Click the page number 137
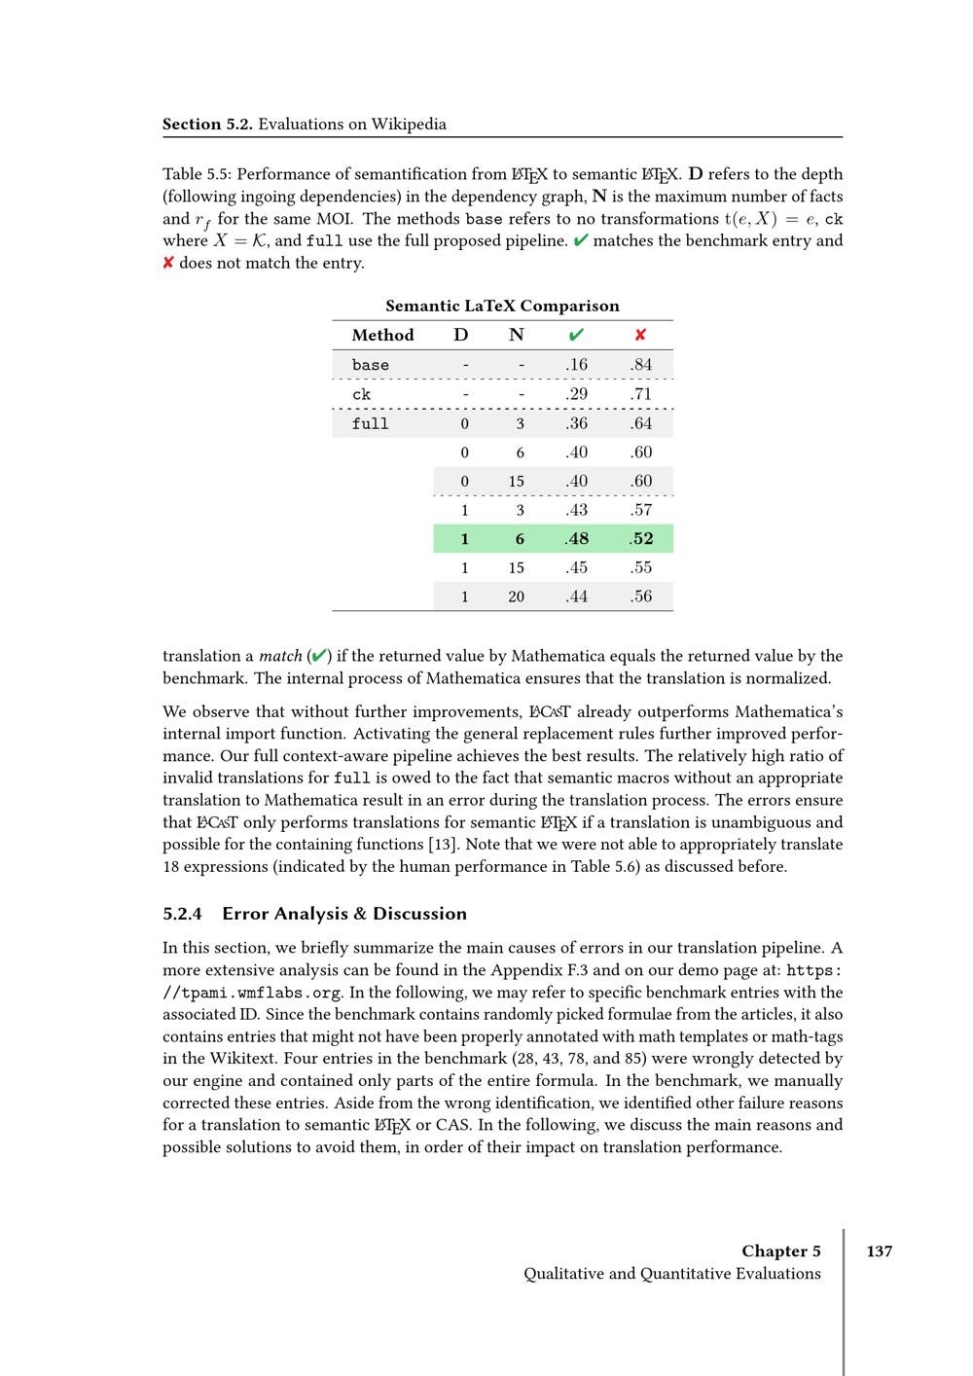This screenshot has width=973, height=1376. tap(879, 1251)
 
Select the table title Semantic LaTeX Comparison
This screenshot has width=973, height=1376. tap(502, 306)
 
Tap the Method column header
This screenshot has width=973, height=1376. tap(382, 335)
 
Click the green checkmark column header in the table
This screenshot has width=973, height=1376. tap(576, 335)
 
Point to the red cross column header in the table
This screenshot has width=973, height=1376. tap(640, 335)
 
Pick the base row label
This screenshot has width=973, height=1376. tap(371, 365)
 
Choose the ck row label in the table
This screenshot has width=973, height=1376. tap(362, 394)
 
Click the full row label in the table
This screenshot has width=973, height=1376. tap(371, 423)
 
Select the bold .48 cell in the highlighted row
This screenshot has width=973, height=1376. tap(576, 539)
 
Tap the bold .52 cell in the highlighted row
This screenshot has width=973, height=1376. tap(640, 539)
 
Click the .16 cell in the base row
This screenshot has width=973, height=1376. tap(576, 365)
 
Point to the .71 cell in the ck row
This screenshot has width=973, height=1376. tap(640, 394)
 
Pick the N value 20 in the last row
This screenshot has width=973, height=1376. tap(517, 597)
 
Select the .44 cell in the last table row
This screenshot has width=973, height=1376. tap(576, 597)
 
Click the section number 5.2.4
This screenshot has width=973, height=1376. tap(182, 914)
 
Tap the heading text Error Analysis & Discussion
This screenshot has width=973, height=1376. tap(344, 914)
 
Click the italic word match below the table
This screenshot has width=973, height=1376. tap(280, 657)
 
